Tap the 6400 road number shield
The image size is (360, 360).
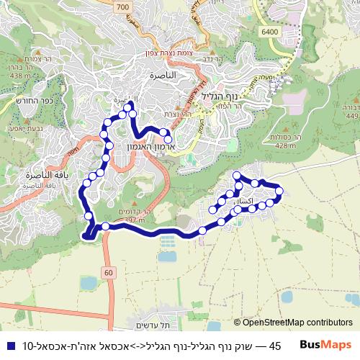pyautogui.click(x=271, y=32)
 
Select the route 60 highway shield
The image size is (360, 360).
pyautogui.click(x=109, y=272)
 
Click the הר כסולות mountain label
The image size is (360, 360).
pyautogui.click(x=285, y=138)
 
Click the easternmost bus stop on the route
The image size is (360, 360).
pyautogui.click(x=279, y=190)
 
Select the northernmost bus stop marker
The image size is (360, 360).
pyautogui.click(x=129, y=107)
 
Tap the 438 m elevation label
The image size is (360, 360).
pyautogui.click(x=19, y=76)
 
